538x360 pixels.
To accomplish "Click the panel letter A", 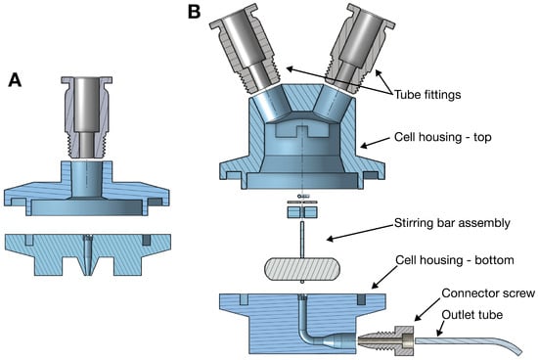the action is click(15, 79).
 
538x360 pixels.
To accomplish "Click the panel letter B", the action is click(195, 12).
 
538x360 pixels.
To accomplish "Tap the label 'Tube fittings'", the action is click(427, 94).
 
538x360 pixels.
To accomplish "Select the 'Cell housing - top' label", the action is click(442, 137).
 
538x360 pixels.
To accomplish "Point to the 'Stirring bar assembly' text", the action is click(452, 223).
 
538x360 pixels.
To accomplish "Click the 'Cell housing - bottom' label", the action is click(455, 260).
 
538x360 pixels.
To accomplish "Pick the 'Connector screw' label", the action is click(488, 293).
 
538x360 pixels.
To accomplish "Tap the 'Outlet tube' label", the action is click(472, 315).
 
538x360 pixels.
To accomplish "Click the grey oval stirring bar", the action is click(302, 269).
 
